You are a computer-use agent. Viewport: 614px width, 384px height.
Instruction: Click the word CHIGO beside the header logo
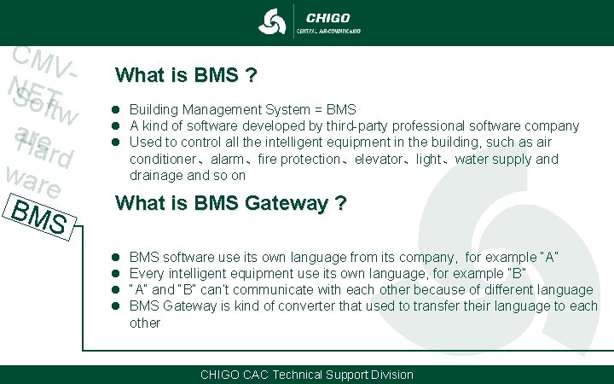(327, 17)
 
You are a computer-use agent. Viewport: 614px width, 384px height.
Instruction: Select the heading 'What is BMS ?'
(187, 75)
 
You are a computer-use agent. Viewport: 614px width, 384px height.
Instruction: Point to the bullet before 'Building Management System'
(114, 110)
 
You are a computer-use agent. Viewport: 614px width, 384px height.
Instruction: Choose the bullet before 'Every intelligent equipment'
(114, 273)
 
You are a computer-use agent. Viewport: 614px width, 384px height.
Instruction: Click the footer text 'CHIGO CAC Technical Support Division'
(306, 375)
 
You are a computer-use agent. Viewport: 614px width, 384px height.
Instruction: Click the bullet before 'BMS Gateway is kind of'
(114, 305)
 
